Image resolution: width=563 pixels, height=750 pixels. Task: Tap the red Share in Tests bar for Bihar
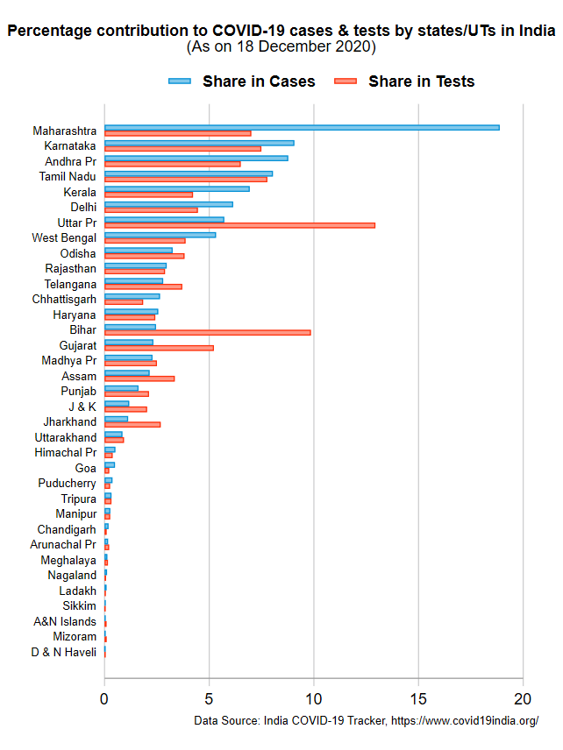pos(207,332)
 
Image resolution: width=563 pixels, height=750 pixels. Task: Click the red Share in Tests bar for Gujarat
pos(159,348)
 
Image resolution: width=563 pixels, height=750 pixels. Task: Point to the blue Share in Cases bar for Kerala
pos(176,188)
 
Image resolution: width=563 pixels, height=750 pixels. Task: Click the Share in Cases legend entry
pos(242,81)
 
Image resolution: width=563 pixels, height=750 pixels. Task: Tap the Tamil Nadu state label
pos(68,176)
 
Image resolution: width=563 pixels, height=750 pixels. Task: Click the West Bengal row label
pos(64,237)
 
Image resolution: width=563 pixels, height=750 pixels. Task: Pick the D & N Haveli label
pos(63,652)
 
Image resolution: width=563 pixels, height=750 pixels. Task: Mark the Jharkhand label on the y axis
pos(70,421)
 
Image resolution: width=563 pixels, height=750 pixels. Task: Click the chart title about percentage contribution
pos(281,31)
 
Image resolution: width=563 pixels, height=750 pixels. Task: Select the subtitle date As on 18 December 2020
pos(281,46)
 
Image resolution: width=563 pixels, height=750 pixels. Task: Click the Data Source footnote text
pos(366,720)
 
